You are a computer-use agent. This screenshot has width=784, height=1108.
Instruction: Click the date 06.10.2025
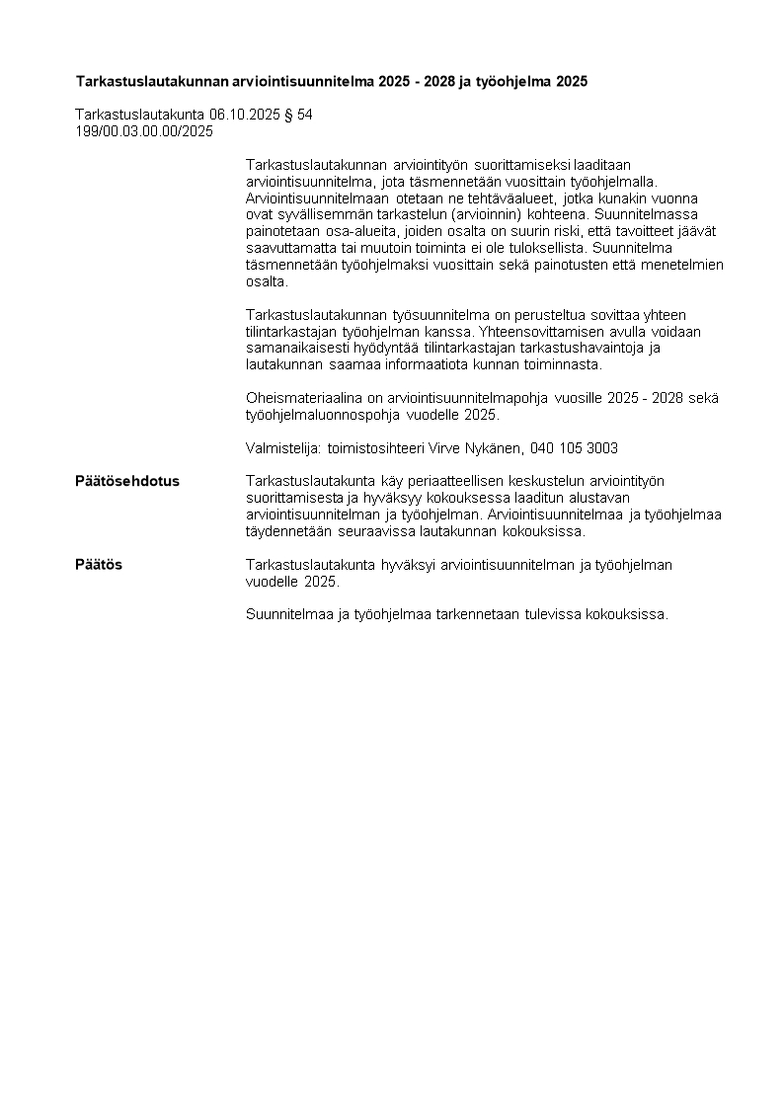[x=242, y=115]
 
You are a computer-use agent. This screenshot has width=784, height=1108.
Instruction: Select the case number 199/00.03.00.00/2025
[x=144, y=130]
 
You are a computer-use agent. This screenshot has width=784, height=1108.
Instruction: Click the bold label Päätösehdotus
[x=127, y=481]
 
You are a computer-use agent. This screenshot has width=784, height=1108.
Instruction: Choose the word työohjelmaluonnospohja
[x=326, y=415]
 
